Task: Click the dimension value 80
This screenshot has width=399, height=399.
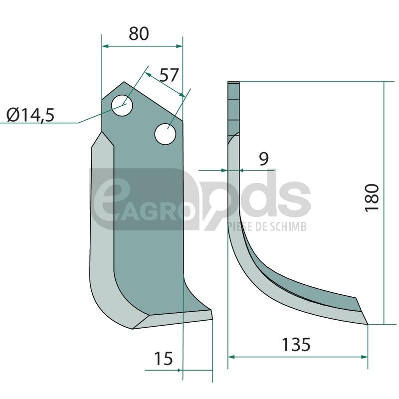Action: tap(139, 33)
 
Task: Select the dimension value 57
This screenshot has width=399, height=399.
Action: tap(169, 75)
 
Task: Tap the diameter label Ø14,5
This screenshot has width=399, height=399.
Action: tap(30, 115)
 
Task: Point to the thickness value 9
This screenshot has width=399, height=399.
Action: tap(264, 159)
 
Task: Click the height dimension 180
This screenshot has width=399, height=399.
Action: tap(372, 198)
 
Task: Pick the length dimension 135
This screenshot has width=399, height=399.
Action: tap(296, 345)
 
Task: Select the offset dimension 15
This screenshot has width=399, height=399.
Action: tap(164, 359)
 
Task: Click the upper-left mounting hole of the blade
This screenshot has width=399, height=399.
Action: tap(122, 105)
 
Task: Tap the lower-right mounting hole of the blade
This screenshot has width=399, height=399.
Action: tap(166, 134)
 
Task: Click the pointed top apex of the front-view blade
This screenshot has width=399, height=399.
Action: tap(124, 82)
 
